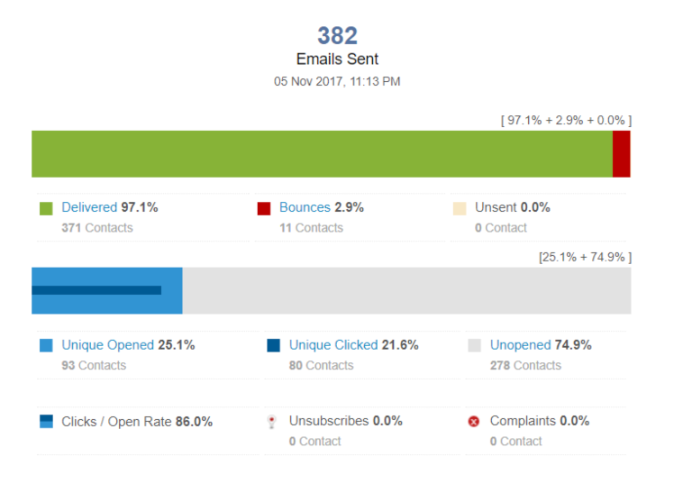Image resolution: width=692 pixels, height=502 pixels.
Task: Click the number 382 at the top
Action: [337, 36]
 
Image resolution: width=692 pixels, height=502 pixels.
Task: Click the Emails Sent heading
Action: [337, 59]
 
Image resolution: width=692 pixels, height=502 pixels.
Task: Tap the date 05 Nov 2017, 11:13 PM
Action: [337, 81]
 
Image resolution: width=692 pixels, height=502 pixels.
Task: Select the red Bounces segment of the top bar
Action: [621, 153]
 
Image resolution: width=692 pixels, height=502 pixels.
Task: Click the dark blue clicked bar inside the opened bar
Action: [96, 290]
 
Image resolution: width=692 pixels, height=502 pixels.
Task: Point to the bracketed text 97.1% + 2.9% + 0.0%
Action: [566, 120]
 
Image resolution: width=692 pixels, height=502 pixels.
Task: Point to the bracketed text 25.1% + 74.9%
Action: [585, 257]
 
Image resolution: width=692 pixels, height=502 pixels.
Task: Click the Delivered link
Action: [89, 207]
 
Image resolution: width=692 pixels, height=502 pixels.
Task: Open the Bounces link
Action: [305, 207]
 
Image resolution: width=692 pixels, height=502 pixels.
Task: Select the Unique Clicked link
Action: [333, 345]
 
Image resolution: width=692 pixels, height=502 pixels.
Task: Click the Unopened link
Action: [520, 345]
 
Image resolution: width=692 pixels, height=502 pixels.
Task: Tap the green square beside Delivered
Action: [47, 208]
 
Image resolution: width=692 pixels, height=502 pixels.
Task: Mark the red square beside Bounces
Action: [264, 208]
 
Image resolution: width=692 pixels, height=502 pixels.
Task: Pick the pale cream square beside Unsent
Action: [460, 208]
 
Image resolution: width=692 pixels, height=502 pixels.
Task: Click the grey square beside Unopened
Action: [475, 345]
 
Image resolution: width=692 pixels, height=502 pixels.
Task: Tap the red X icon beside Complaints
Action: [474, 422]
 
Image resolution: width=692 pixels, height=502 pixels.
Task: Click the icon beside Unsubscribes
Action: [271, 422]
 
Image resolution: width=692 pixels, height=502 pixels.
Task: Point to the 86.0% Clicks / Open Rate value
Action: [196, 422]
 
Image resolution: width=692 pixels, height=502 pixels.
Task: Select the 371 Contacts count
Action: [97, 228]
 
